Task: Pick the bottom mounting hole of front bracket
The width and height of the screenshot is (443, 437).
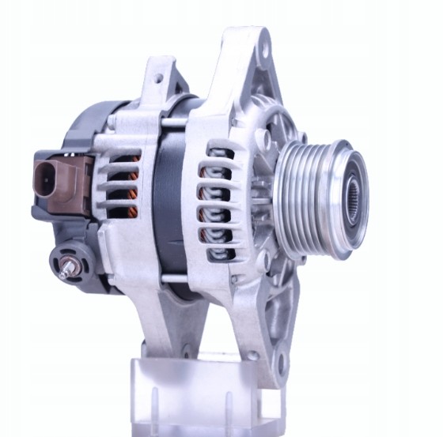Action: click(x=278, y=363)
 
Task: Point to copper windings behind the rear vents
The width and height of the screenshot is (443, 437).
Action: click(x=133, y=198)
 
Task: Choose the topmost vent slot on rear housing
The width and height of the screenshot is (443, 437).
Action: click(x=123, y=159)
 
